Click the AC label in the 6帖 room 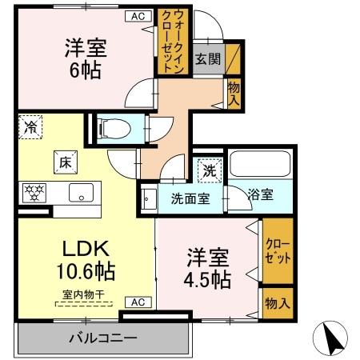[x=137, y=15]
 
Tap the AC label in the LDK [x=137, y=302]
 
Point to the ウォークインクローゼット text [x=178, y=42]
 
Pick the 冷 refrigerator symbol [x=30, y=126]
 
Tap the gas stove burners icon [x=35, y=193]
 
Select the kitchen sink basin [x=81, y=193]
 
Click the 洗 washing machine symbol [x=209, y=170]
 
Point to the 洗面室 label [x=190, y=198]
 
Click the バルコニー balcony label [x=102, y=338]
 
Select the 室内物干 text [x=84, y=294]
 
